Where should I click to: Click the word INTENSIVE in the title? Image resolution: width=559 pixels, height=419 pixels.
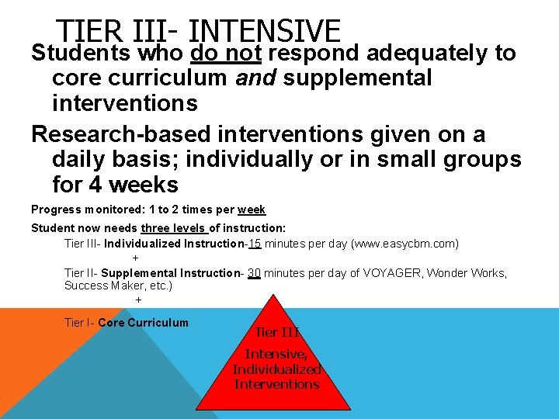(264, 31)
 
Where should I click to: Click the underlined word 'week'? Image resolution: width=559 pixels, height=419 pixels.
(252, 209)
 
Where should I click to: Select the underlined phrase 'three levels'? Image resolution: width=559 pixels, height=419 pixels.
(174, 228)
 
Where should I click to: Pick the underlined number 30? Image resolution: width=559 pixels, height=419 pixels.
(254, 273)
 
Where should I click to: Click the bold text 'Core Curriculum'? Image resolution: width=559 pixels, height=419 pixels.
(143, 323)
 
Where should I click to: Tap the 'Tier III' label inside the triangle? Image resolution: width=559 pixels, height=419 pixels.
(277, 332)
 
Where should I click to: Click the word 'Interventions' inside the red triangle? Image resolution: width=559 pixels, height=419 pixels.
(276, 384)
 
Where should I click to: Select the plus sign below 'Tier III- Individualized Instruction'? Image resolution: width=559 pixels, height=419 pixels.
(135, 258)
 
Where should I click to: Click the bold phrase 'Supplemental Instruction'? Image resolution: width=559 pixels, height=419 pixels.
(168, 273)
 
